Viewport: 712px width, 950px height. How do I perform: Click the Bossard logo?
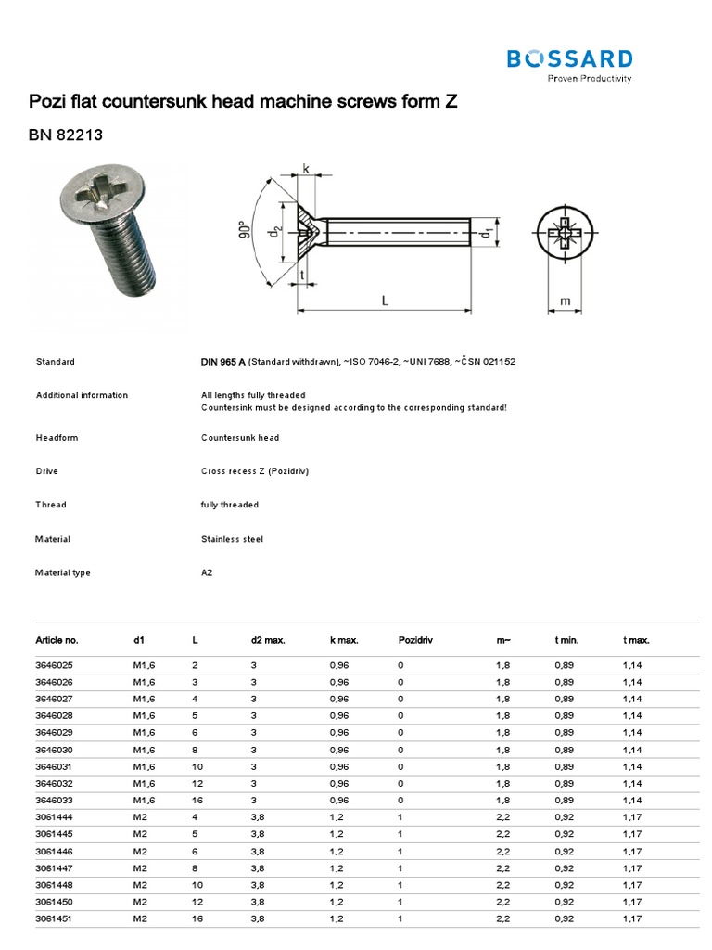(569, 63)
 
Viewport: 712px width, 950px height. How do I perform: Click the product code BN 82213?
(65, 135)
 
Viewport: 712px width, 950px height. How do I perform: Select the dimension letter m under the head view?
(566, 302)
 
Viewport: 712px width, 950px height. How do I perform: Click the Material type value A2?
(207, 572)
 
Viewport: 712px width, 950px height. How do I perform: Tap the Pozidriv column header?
(415, 640)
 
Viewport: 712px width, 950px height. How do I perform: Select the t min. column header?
(567, 640)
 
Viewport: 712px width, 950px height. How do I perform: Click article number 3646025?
(57, 665)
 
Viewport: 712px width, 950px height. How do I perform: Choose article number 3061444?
(57, 816)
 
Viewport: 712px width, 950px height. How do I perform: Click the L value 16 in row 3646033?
(197, 800)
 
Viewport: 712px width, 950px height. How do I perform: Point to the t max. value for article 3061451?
(634, 918)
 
